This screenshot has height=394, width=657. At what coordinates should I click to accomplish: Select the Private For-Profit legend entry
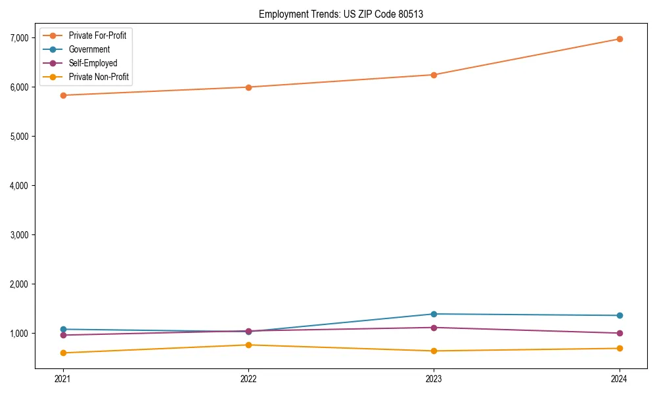[x=97, y=35]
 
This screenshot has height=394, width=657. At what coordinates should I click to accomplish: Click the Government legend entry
[x=89, y=49]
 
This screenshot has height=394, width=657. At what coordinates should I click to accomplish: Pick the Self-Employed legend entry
[x=93, y=63]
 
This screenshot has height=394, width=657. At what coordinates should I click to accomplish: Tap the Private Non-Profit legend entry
[x=99, y=77]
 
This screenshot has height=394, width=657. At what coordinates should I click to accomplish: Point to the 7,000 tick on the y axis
[x=20, y=38]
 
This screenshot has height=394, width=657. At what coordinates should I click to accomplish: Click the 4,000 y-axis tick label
[x=20, y=186]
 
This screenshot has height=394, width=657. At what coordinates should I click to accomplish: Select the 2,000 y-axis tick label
[x=20, y=284]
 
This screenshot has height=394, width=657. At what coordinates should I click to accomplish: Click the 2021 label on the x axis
[x=63, y=378]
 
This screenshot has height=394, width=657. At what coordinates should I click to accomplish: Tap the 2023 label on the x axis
[x=434, y=378]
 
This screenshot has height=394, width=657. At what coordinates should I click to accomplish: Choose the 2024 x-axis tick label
[x=620, y=378]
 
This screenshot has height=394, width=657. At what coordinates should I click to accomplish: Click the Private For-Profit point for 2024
[x=620, y=39]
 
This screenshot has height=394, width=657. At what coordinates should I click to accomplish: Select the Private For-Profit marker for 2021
[x=63, y=95]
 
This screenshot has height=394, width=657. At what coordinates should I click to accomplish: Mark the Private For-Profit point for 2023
[x=434, y=75]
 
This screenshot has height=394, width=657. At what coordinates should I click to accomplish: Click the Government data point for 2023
[x=434, y=314]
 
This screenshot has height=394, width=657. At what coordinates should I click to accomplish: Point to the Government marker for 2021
[x=63, y=329]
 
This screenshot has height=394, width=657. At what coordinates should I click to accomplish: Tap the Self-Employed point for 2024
[x=620, y=333]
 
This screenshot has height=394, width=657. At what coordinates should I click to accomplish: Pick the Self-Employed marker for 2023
[x=434, y=328]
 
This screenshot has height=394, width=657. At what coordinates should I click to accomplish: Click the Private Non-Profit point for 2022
[x=248, y=345]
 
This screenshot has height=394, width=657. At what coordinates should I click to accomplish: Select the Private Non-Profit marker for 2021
[x=63, y=353]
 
